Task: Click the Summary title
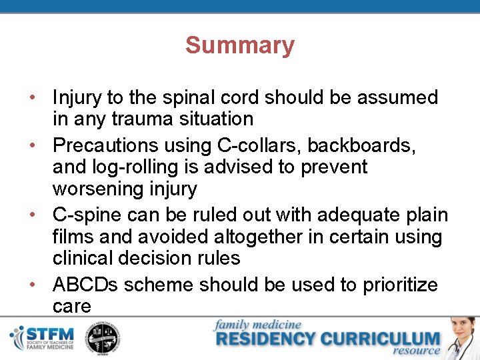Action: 239,46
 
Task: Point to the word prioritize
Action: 400,285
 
